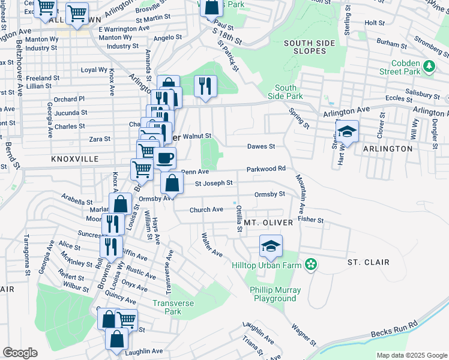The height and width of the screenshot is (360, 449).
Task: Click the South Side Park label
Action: point(289,92)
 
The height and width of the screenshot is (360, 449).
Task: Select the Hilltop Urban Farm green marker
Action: point(310,264)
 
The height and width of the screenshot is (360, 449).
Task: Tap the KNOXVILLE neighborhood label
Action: point(74,159)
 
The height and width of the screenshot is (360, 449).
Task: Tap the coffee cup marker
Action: point(164,158)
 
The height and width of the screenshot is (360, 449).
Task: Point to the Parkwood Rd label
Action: point(265,169)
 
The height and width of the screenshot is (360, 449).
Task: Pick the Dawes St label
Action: point(261,146)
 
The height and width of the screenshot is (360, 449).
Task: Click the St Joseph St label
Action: point(213,183)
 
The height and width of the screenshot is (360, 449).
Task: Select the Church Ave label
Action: point(206,209)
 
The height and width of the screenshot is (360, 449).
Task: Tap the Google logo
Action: point(20,352)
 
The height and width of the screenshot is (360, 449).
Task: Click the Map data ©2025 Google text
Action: point(412,355)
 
